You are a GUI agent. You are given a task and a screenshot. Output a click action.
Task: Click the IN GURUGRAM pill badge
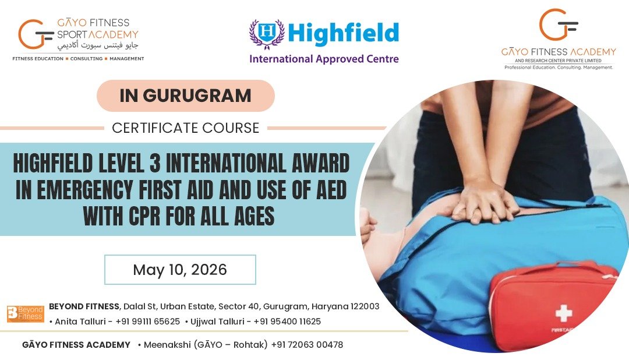click(x=186, y=96)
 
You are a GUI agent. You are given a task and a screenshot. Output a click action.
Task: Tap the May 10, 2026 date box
click(x=180, y=270)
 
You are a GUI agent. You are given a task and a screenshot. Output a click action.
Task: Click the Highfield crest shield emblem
click(x=266, y=34)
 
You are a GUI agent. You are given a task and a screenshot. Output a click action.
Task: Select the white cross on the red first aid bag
click(x=564, y=313)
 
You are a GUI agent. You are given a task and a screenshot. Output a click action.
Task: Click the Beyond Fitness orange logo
click(x=26, y=314)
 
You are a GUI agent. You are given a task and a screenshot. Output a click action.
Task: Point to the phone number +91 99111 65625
click(x=147, y=322)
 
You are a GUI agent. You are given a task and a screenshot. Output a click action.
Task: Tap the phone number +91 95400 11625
click(x=287, y=322)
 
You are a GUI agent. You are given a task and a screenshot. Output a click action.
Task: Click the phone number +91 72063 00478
click(x=307, y=345)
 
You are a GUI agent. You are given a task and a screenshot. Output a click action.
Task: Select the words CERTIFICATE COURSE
click(x=186, y=128)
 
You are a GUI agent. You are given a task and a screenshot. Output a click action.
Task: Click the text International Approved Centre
click(x=324, y=59)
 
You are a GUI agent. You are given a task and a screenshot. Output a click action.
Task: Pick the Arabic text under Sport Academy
click(x=98, y=46)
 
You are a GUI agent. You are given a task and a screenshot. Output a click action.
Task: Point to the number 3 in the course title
click(x=156, y=163)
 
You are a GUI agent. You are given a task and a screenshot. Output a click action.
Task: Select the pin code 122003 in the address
click(x=365, y=306)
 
